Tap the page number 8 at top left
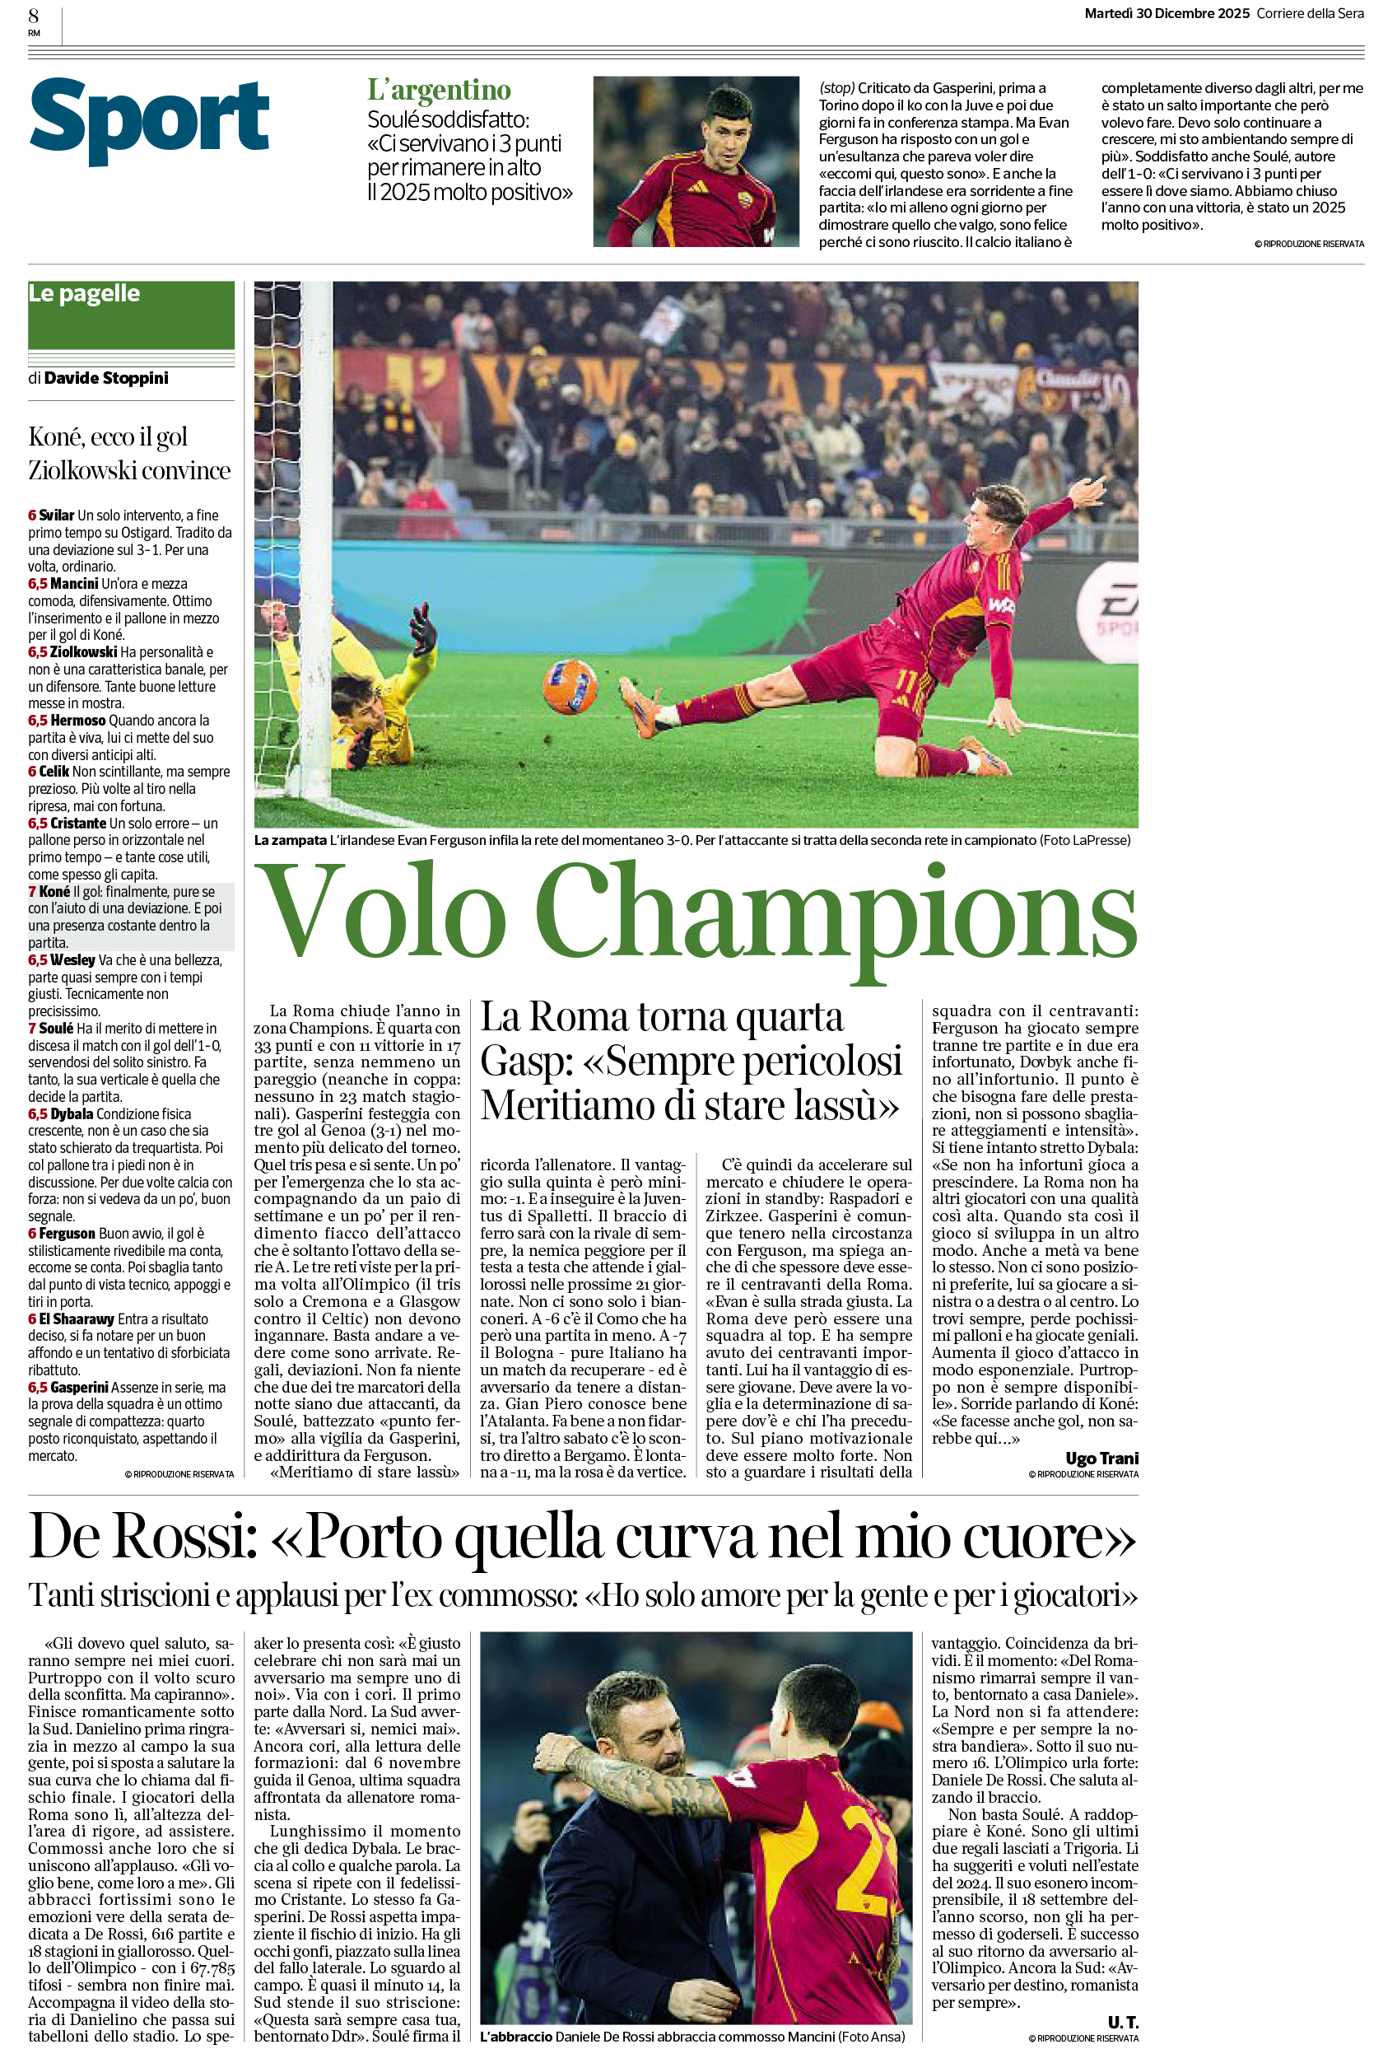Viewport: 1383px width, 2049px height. coord(34,15)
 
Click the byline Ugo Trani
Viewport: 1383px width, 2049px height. coord(1101,1458)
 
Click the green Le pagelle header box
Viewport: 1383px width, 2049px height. coord(130,315)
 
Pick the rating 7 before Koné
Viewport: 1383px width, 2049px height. coord(32,891)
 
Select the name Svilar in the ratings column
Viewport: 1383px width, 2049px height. coord(57,515)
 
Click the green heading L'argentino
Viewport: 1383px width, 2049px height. coord(438,90)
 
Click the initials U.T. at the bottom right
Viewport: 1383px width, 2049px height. coord(1122,2022)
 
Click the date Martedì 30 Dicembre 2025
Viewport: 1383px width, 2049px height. coord(1166,13)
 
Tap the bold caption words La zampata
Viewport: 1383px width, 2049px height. coord(290,840)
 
